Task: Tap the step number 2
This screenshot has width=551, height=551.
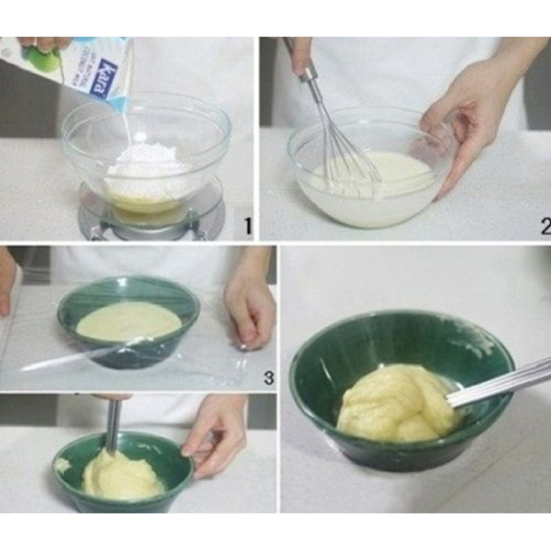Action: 544,225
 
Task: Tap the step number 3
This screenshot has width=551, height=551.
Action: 267,376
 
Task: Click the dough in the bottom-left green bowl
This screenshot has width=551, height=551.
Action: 119,473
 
